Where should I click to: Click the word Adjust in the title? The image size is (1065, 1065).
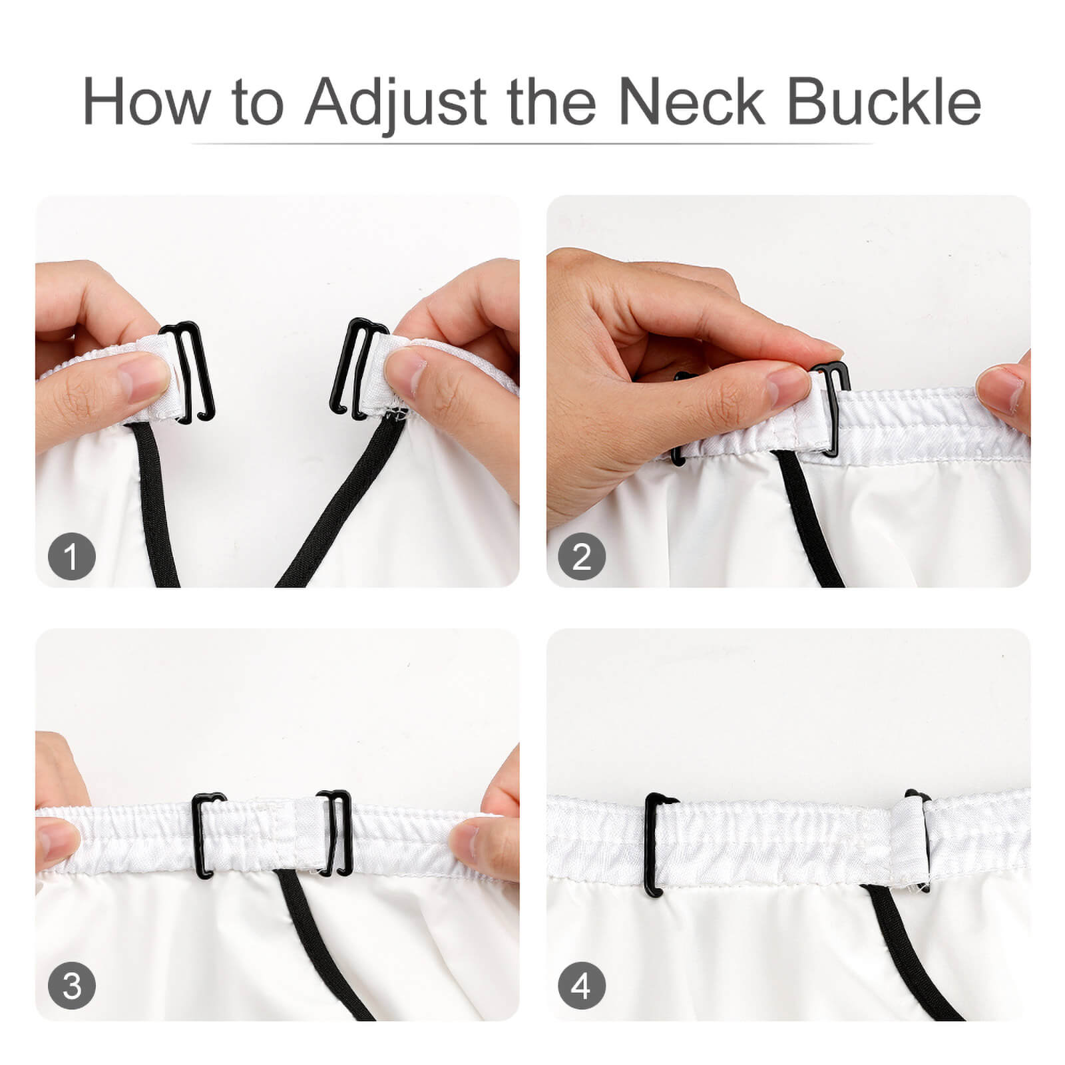396,103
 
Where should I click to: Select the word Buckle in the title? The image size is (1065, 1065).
884,101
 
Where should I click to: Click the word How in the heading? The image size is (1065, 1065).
144,102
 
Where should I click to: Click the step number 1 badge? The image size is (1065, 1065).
72,556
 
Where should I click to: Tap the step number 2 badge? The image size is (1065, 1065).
582,556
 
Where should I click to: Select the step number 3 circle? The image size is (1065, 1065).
72,985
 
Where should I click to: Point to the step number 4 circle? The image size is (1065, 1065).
582,985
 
